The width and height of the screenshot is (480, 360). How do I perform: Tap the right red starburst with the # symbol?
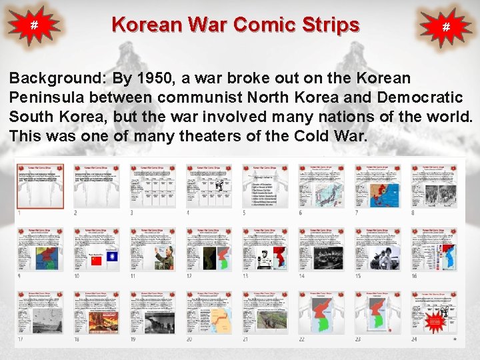tap(446, 27)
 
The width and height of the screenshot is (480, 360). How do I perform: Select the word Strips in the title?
tap(329, 25)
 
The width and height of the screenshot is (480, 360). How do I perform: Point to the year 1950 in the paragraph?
tap(153, 77)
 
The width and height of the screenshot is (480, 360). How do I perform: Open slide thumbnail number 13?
tap(265, 249)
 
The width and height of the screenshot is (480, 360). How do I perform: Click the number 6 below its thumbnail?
tap(301, 213)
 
